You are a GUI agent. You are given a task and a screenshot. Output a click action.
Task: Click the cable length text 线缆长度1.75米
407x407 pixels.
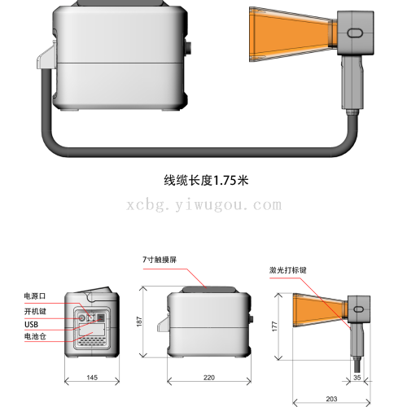[x=206, y=181]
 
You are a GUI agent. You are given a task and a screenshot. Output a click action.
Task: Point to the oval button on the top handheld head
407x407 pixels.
[x=355, y=32]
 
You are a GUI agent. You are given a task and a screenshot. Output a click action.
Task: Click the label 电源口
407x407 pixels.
[x=35, y=294]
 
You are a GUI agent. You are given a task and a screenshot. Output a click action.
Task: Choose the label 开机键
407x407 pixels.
[x=35, y=310]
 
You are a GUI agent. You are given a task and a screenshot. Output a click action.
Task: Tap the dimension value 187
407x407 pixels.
[x=139, y=323]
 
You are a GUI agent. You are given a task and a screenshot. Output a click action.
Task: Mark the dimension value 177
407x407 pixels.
[x=275, y=326]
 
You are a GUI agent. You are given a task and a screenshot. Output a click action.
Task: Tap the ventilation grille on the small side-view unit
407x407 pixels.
[x=90, y=339]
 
